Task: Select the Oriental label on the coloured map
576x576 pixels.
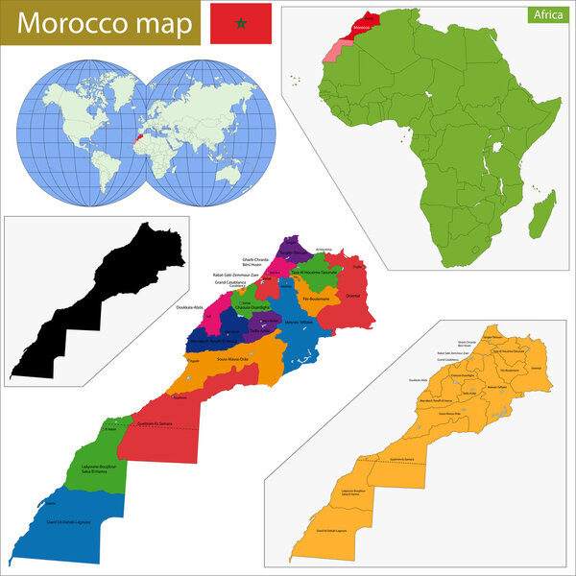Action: [351, 296]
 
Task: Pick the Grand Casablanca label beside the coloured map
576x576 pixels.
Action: [232, 283]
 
